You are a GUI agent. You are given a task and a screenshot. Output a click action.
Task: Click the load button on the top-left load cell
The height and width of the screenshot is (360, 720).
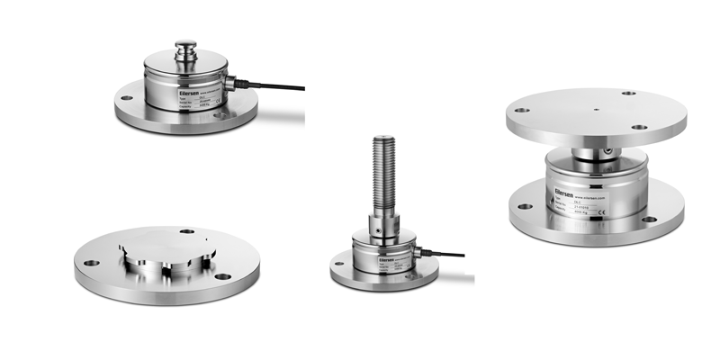point(186,45)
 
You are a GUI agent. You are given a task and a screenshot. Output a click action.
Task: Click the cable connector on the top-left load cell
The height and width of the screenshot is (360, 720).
point(230,84)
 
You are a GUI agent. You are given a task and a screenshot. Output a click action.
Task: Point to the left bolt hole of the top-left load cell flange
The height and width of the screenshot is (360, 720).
point(126,97)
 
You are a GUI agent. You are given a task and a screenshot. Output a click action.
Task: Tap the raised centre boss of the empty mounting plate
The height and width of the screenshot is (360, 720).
point(167,248)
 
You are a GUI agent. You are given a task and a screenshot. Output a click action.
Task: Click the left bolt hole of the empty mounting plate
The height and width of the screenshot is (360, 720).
point(90,264)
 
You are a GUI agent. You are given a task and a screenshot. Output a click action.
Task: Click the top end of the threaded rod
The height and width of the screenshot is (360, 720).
point(378,139)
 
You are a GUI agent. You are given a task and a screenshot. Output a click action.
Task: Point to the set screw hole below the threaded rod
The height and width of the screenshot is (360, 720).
point(379,229)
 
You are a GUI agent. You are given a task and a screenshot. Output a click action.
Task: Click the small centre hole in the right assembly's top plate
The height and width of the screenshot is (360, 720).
point(595,112)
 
